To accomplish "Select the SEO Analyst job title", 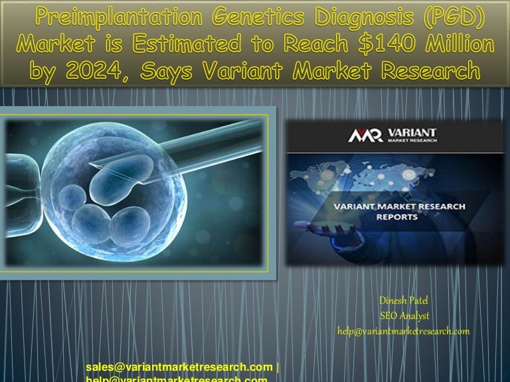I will pyautogui.click(x=404, y=316).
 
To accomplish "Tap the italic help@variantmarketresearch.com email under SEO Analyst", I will pyautogui.click(x=404, y=331).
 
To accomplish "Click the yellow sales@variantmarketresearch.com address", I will pyautogui.click(x=179, y=367).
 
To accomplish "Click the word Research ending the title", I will pyautogui.click(x=434, y=70).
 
